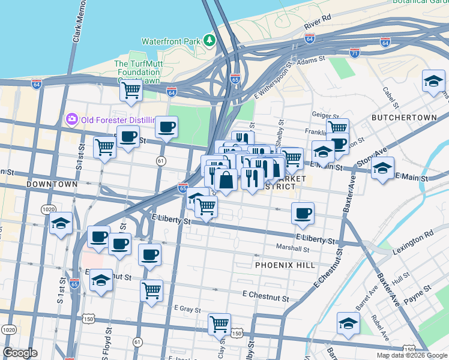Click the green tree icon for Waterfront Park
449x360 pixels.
click(209, 41)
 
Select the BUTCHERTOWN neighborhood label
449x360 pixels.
click(403, 118)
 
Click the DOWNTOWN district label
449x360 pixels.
click(52, 184)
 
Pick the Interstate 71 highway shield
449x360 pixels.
click(355, 53)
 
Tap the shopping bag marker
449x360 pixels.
click(225, 179)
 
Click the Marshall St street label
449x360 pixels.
click(292, 248)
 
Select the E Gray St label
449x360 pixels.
click(187, 308)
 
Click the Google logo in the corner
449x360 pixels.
click(20, 353)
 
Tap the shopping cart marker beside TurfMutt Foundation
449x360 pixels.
click(131, 91)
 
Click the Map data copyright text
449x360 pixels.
click(412, 355)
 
